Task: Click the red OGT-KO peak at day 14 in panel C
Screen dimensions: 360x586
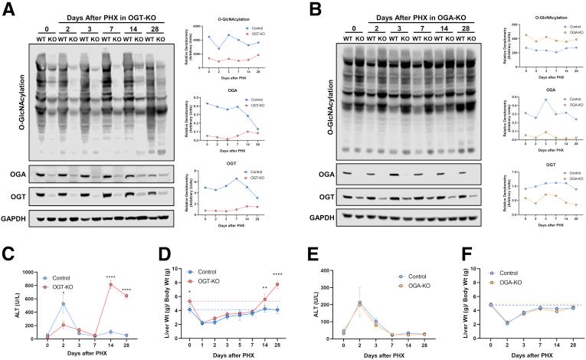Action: point(110,284)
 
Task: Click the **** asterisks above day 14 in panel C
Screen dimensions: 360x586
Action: point(110,277)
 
